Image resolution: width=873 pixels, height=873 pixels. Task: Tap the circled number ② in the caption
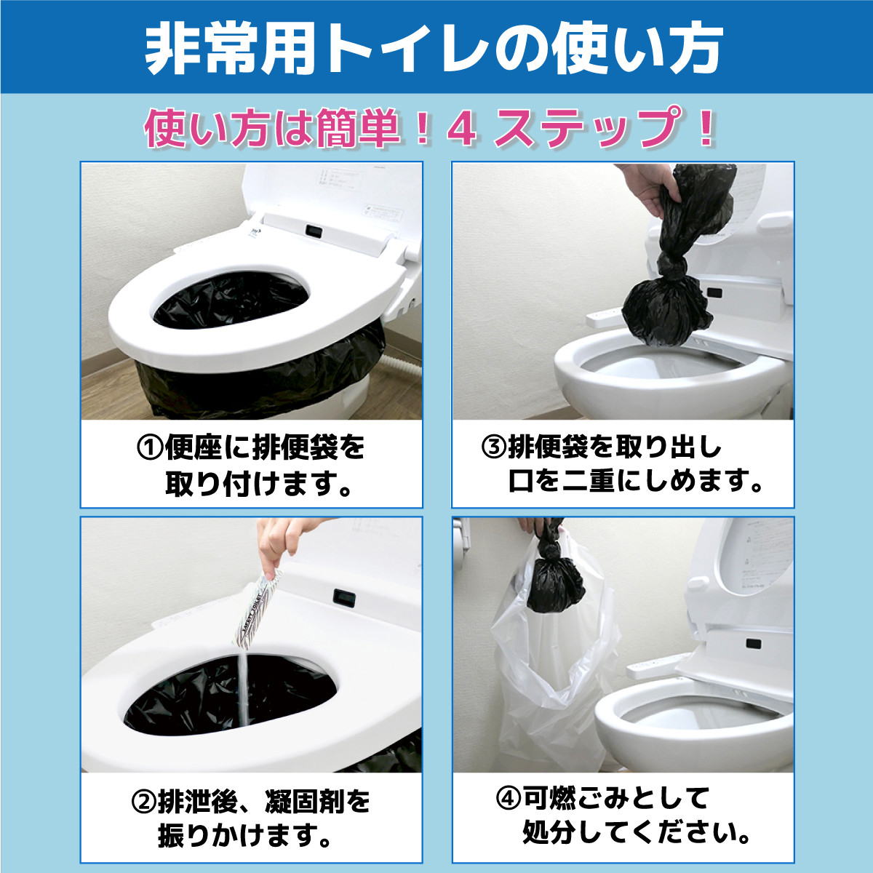click(x=143, y=802)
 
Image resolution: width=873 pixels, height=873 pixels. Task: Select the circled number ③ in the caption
click(x=493, y=447)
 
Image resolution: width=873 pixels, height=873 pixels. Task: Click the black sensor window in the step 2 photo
click(x=344, y=597)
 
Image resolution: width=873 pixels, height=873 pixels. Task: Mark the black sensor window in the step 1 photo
click(x=314, y=231)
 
